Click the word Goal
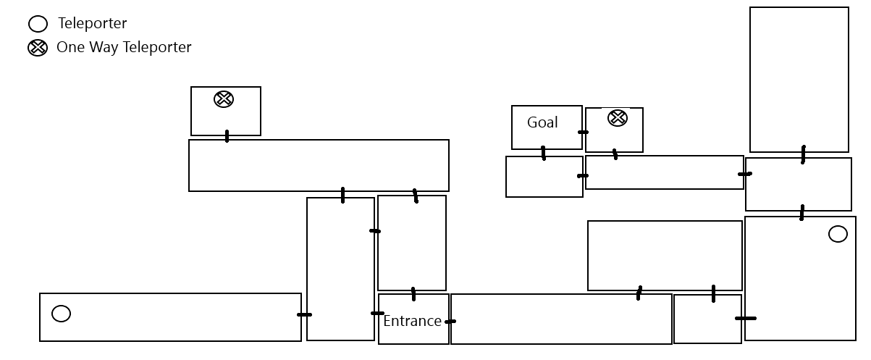542,122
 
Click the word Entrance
412,321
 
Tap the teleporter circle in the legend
38,25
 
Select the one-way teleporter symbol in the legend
38,49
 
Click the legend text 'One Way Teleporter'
124,48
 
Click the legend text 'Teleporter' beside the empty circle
92,24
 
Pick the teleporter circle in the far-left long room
62,314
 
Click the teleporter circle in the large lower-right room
838,234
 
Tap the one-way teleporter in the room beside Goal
618,117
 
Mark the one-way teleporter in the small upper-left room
224,99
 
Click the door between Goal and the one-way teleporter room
583,132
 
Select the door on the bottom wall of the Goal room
543,153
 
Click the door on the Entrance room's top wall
413,294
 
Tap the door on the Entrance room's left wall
377,314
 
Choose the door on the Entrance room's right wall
450,321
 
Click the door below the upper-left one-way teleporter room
227,136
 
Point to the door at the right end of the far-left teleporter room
304,314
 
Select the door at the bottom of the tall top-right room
803,154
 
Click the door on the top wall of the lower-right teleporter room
801,213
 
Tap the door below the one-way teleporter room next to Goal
615,154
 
